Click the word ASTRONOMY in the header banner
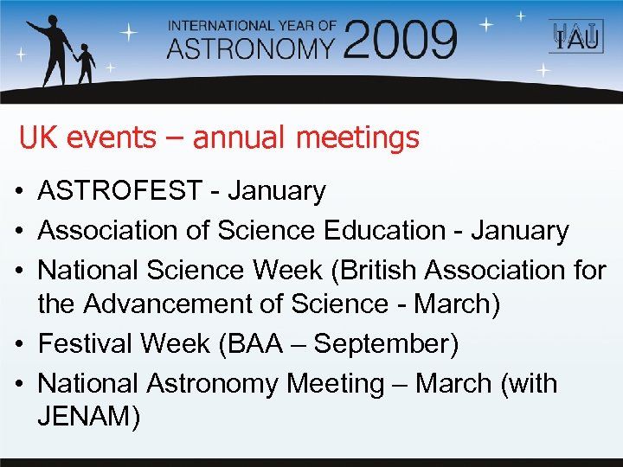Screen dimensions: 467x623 click(251, 47)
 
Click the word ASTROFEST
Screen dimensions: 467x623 click(119, 191)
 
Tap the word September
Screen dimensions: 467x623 click(385, 343)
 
